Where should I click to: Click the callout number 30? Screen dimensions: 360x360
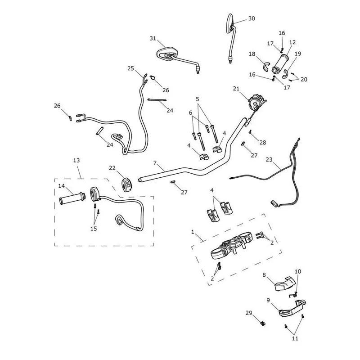coord(252,18)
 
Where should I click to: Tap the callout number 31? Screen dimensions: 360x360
coord(153,38)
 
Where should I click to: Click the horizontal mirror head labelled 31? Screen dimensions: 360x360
coord(167,54)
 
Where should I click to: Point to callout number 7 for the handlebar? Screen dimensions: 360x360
coord(155,163)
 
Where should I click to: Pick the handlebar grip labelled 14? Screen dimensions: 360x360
coord(72,198)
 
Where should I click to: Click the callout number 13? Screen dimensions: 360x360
coord(76,160)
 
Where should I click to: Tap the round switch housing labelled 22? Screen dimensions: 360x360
coord(127,184)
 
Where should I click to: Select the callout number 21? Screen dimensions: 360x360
coord(236,88)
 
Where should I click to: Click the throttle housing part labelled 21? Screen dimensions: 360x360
coord(256,102)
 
